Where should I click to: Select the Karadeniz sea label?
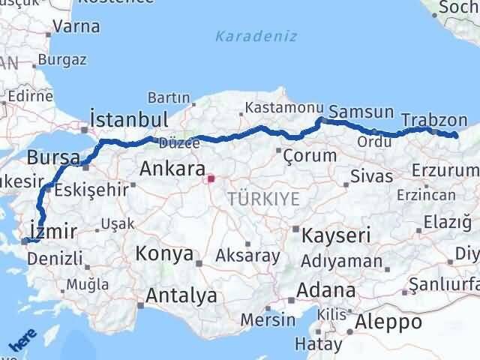(256, 36)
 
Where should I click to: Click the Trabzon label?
(434, 119)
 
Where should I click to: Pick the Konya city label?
(164, 253)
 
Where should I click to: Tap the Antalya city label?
(181, 295)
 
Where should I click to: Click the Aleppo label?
(388, 322)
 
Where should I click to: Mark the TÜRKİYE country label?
(263, 199)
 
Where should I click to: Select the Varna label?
(76, 26)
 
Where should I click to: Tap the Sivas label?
(373, 177)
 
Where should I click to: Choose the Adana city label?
(326, 290)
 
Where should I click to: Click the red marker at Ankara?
(211, 178)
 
